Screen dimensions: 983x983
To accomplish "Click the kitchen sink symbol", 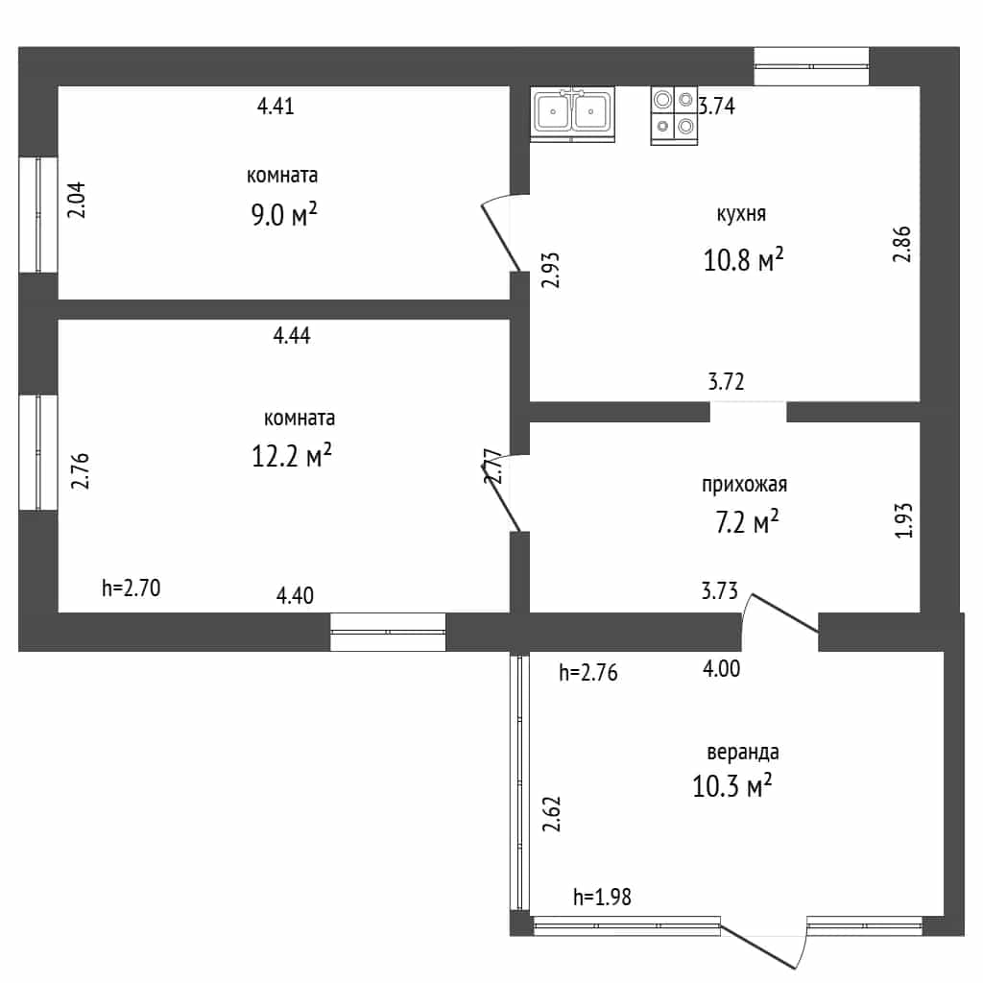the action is (572, 114).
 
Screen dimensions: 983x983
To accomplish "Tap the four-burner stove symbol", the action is (674, 115).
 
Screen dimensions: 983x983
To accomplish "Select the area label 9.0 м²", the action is (284, 214).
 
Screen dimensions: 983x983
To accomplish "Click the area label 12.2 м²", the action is (292, 456).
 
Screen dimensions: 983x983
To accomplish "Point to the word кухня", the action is (741, 214).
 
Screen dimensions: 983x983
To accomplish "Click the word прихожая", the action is (744, 485).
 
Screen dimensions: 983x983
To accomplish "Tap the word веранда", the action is (743, 752).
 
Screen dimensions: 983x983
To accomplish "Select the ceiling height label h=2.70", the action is (131, 588).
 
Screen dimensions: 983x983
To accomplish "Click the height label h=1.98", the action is (602, 897).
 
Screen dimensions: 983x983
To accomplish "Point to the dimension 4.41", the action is (276, 106).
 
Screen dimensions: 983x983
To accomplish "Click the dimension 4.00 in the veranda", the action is (721, 669).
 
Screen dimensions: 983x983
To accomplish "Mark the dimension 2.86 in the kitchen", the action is (901, 244).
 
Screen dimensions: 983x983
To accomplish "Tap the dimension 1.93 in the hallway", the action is (903, 520).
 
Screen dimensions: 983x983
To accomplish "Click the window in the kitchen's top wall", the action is (811, 66).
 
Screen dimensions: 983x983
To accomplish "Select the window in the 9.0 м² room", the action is (38, 215).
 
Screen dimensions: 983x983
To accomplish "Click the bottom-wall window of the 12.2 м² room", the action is (388, 632).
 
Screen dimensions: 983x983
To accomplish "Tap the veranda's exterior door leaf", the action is (758, 944).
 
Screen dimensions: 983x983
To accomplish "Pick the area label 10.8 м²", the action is (744, 259).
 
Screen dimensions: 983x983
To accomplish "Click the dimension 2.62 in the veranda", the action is (551, 814).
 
